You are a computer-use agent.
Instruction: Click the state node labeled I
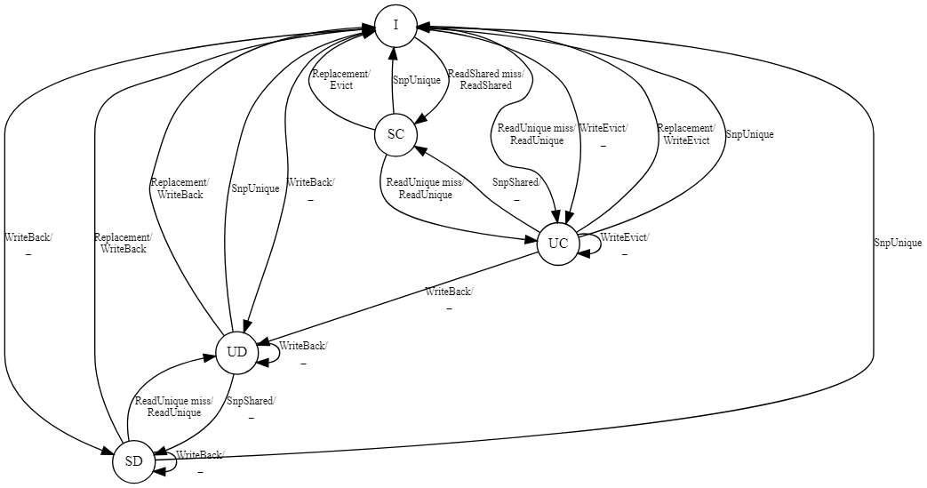coord(396,26)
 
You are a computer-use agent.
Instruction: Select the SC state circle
coord(396,134)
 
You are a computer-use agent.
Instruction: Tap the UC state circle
coord(558,244)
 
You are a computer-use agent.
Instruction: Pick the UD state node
coord(236,352)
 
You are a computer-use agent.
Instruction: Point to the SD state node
coord(134,461)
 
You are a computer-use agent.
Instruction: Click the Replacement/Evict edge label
coord(341,80)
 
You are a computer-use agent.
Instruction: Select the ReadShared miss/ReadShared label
coord(479,80)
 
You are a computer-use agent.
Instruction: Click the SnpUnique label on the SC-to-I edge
coord(416,80)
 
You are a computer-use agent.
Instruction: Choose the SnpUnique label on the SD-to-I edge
coord(897,243)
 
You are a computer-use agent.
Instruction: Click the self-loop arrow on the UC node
coord(591,244)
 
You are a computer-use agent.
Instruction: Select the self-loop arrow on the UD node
coord(269,352)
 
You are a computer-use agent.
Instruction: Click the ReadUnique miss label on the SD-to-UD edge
coord(174,401)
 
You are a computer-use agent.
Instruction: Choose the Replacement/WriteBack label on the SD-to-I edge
coord(123,244)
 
